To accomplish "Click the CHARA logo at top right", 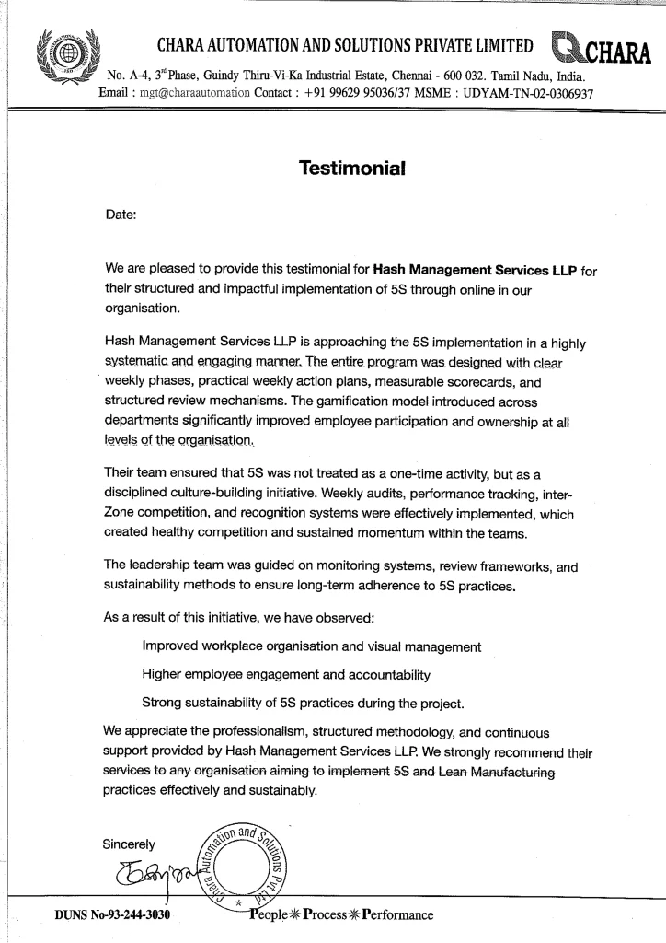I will [600, 48].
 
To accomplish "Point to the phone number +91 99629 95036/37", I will [360, 94].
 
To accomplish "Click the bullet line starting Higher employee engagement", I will [286, 675].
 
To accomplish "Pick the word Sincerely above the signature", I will [129, 844].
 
